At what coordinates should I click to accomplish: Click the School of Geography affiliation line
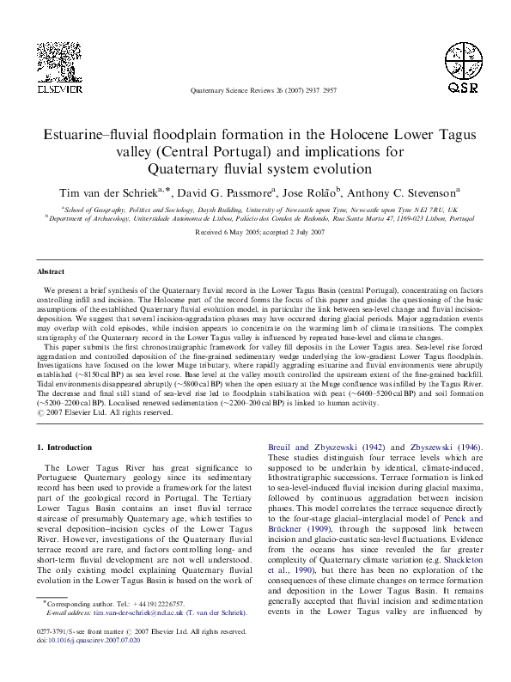(x=254, y=209)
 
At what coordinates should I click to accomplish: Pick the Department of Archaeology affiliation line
(x=254, y=218)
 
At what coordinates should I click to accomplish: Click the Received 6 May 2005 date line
(x=254, y=233)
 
